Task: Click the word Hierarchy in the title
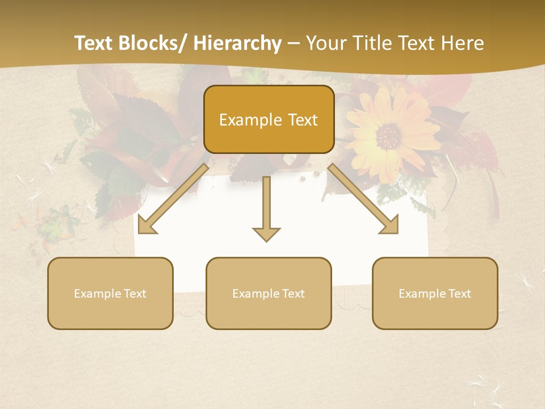click(x=237, y=43)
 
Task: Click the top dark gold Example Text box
click(x=269, y=119)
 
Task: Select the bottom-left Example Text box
click(x=110, y=293)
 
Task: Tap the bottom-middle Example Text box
click(x=269, y=293)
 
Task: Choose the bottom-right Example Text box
click(x=435, y=293)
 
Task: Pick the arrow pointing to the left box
click(x=173, y=199)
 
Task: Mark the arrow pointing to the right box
click(x=363, y=199)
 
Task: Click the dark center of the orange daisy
click(x=388, y=136)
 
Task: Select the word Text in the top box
click(x=301, y=120)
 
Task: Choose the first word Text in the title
click(x=97, y=43)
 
